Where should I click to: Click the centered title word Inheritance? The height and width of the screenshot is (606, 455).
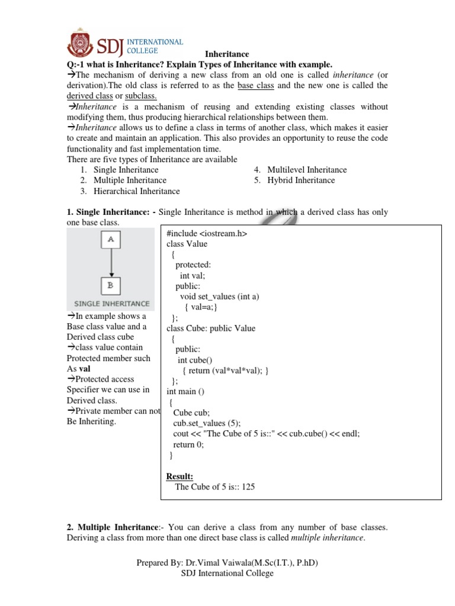tap(227, 54)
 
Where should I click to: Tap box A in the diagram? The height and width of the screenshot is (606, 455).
tap(110, 240)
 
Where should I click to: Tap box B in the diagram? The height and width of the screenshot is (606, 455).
tap(110, 286)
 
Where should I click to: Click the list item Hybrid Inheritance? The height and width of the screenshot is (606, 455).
tap(301, 180)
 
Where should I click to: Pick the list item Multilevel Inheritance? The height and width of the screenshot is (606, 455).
tap(307, 170)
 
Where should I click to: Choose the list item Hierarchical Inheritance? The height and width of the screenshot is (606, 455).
tap(136, 191)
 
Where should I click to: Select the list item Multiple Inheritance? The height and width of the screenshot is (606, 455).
tap(130, 180)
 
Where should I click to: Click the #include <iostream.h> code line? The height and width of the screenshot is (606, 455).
tap(206, 234)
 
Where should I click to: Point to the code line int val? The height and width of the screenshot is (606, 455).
tap(193, 276)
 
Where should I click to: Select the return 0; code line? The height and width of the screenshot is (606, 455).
tap(188, 444)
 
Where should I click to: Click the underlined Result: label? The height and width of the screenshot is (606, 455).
tap(180, 476)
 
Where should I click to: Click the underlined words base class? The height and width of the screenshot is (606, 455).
tap(256, 86)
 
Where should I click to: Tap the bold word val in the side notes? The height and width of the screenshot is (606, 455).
tap(85, 369)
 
